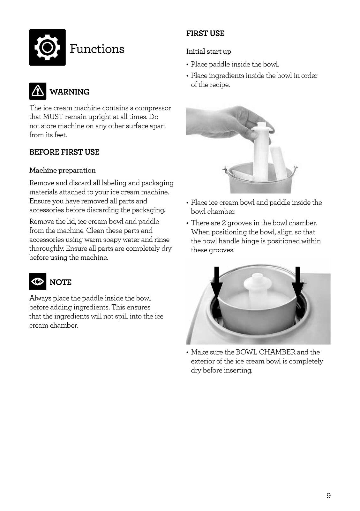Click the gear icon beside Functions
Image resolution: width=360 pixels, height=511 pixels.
(x=47, y=48)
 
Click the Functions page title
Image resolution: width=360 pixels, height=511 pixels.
(x=97, y=49)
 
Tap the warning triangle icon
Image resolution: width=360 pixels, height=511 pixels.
(x=38, y=91)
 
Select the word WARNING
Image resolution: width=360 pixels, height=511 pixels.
(x=70, y=92)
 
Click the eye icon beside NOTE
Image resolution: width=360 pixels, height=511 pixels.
(x=38, y=281)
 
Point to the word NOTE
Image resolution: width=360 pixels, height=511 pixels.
(x=60, y=282)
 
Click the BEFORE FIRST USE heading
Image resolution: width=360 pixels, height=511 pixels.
(x=64, y=152)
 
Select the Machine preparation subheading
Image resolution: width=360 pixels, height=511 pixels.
(x=62, y=170)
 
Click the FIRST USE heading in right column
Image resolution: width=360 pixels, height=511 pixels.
(x=205, y=34)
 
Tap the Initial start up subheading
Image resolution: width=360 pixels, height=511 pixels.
(x=208, y=51)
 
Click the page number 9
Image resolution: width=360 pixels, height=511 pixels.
(x=328, y=496)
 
